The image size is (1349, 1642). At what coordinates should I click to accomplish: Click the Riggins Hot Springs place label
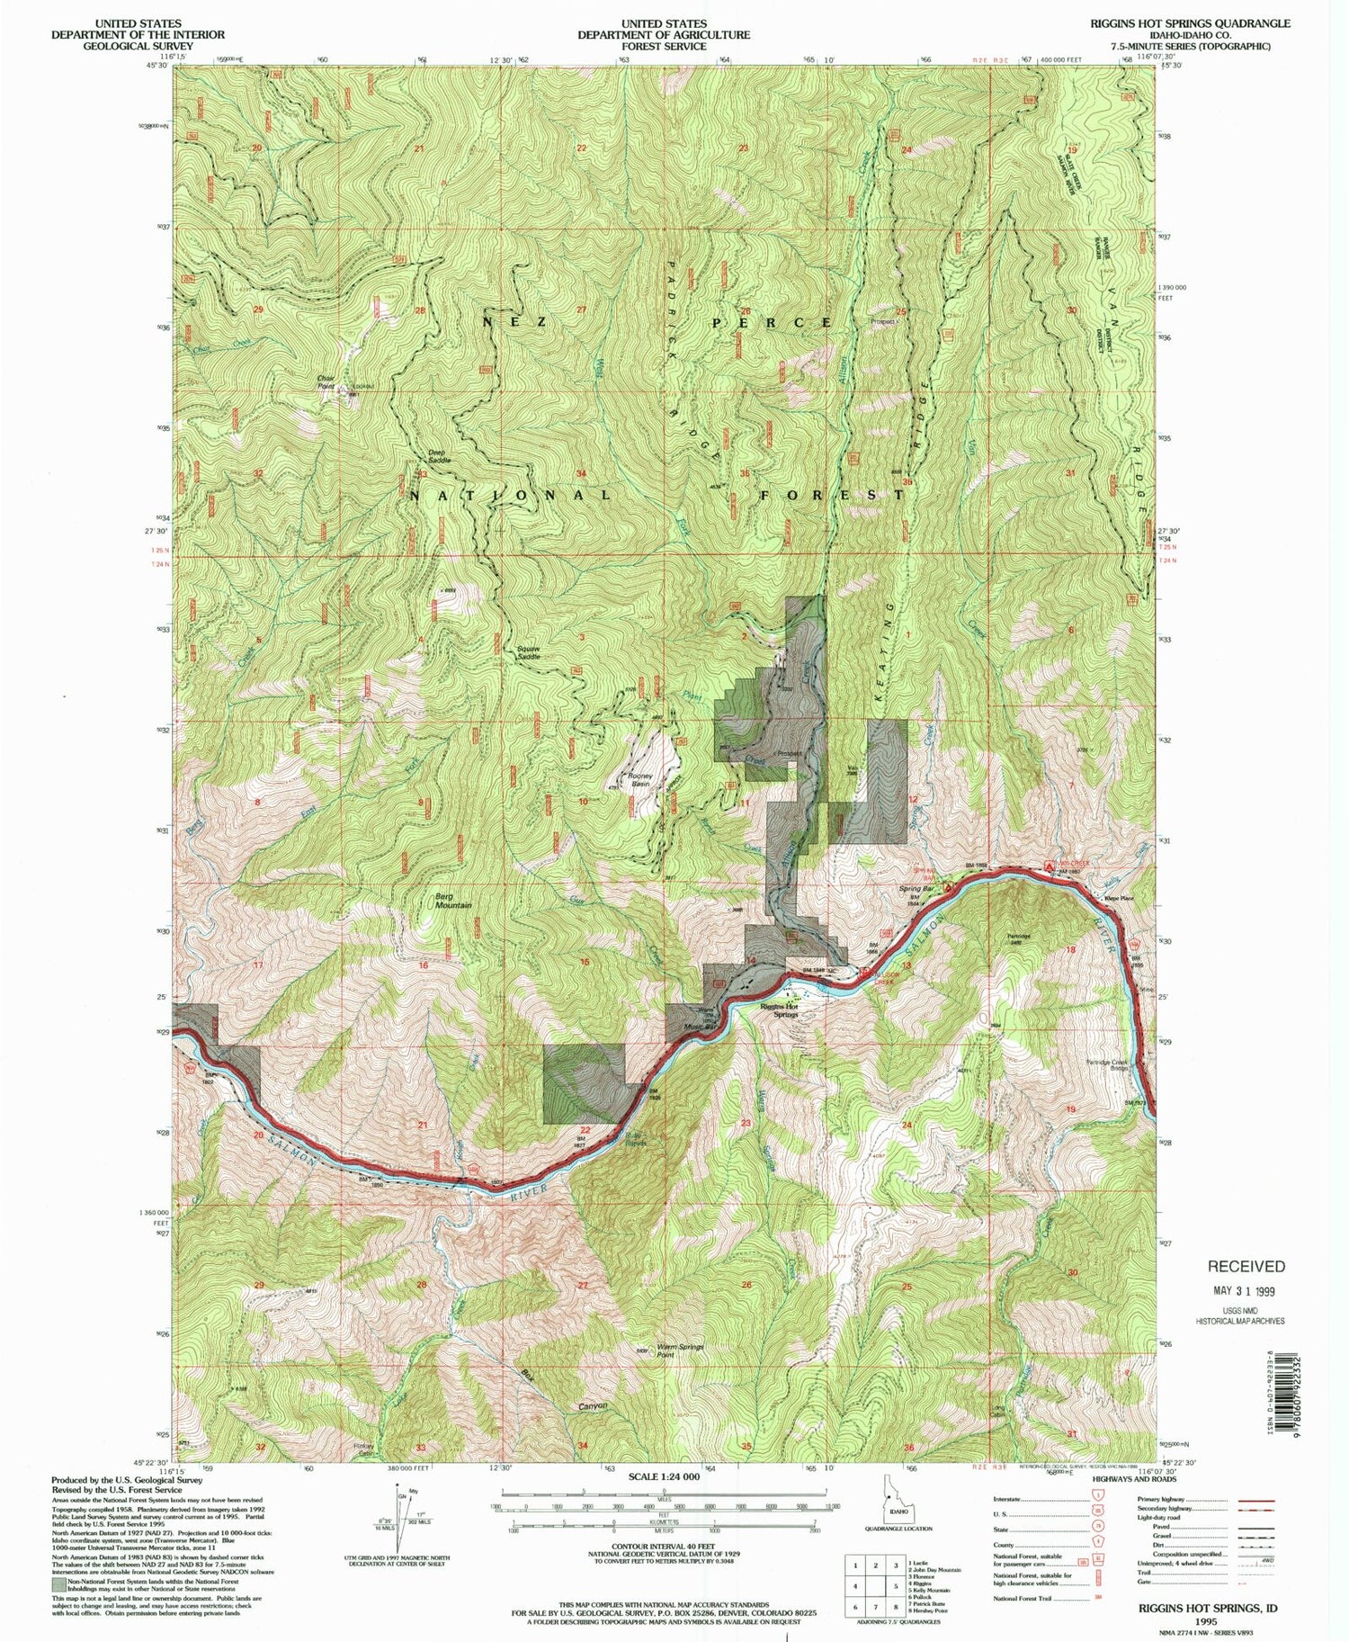779,1010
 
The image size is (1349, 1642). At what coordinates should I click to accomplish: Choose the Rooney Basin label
639,779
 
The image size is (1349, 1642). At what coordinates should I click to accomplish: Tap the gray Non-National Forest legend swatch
58,1583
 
